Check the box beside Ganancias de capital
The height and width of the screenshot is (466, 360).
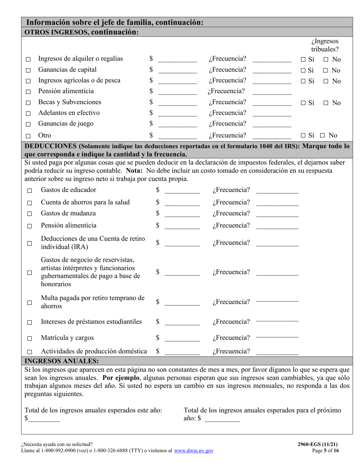(x=28, y=70)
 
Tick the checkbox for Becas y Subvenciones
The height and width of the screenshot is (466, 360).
(x=28, y=103)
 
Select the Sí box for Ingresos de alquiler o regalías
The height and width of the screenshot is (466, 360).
(x=304, y=59)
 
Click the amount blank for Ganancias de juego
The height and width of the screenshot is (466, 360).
(x=177, y=125)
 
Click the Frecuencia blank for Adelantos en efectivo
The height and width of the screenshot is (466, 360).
(x=272, y=114)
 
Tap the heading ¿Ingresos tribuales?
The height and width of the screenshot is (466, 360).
(x=325, y=45)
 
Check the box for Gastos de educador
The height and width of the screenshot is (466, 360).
(x=30, y=191)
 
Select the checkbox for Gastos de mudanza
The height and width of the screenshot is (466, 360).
(x=30, y=214)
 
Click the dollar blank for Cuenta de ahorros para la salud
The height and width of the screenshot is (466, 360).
(x=182, y=203)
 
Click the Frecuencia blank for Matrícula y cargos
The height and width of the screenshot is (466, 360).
(x=277, y=337)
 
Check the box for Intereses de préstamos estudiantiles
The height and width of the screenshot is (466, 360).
(x=30, y=323)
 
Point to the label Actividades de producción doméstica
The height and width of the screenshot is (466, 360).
(x=94, y=351)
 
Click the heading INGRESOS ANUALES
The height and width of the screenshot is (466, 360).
(x=61, y=361)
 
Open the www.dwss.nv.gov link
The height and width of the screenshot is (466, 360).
(x=194, y=451)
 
